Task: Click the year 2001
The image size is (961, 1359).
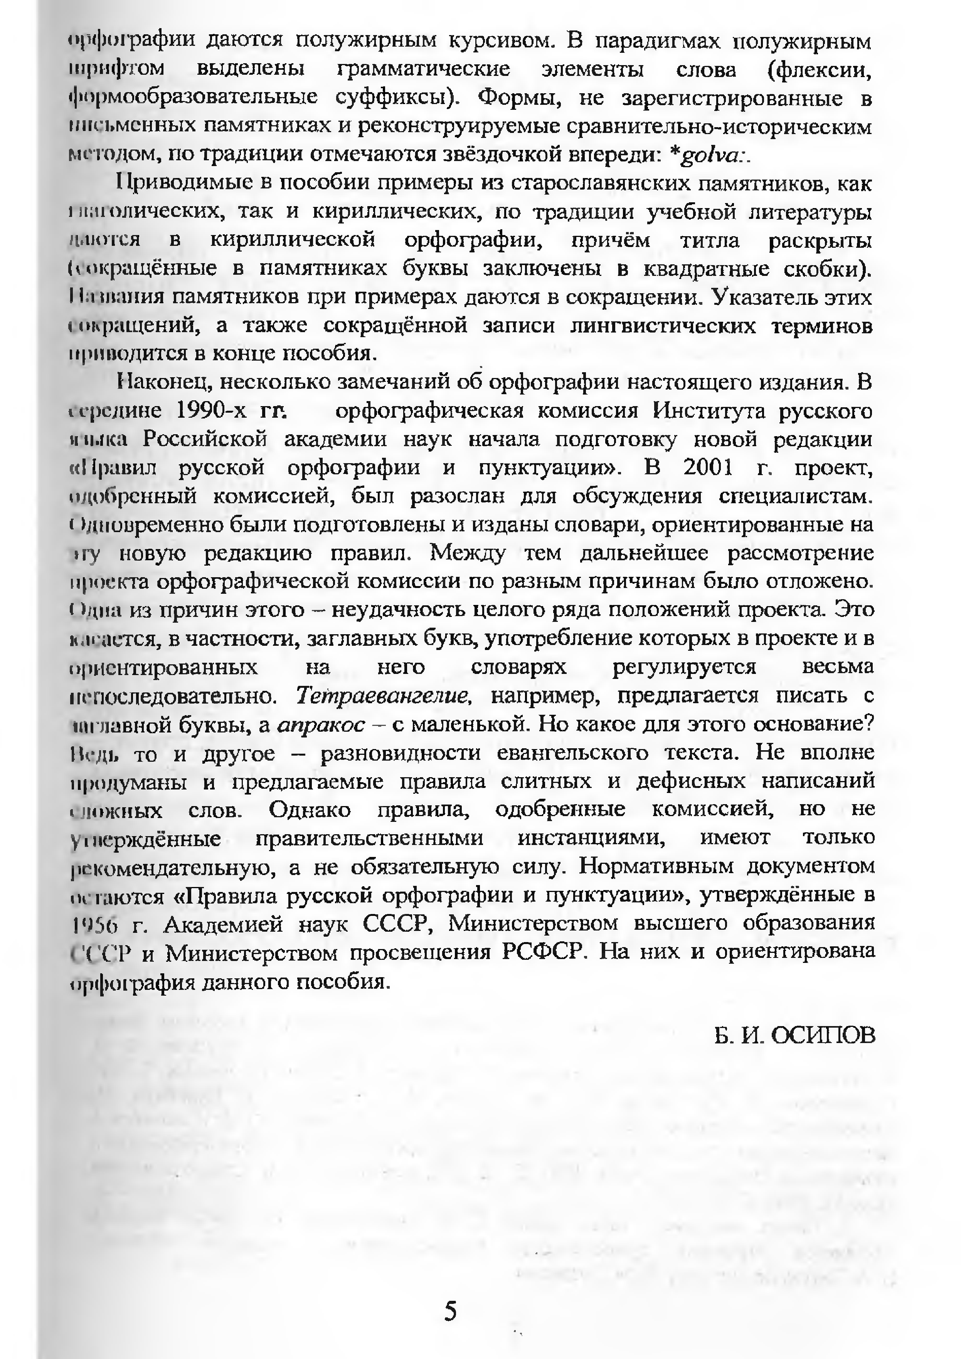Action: (x=708, y=468)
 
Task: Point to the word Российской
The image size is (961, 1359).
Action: (x=205, y=439)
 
